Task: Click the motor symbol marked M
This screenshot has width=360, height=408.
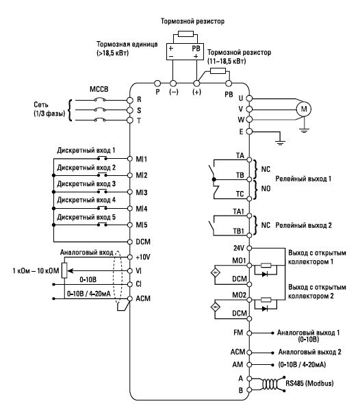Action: [304, 109]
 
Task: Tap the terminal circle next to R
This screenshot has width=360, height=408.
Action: [130, 100]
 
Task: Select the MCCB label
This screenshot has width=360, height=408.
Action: [99, 89]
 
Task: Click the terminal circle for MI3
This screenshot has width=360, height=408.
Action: [130, 192]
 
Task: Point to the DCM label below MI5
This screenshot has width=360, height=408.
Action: [143, 242]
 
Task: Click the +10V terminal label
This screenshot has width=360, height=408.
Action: [143, 257]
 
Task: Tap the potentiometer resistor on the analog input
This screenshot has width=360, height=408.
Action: [64, 270]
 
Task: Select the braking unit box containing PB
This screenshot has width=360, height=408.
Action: [185, 52]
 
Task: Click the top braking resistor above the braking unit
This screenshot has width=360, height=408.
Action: [185, 34]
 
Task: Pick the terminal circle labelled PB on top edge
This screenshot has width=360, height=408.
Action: [229, 84]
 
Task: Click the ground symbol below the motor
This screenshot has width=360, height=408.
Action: [304, 130]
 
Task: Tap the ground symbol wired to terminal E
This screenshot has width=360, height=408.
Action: [280, 142]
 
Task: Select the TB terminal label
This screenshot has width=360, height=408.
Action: [240, 175]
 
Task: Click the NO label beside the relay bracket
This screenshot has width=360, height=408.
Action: [266, 188]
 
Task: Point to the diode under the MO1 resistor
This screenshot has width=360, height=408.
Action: [265, 274]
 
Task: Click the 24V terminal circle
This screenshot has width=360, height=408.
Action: [249, 248]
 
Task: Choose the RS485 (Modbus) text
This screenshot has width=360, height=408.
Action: [309, 383]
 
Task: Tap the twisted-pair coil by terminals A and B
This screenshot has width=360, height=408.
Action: [270, 384]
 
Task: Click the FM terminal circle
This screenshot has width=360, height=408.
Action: [249, 333]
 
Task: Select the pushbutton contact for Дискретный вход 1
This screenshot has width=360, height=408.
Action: [102, 157]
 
